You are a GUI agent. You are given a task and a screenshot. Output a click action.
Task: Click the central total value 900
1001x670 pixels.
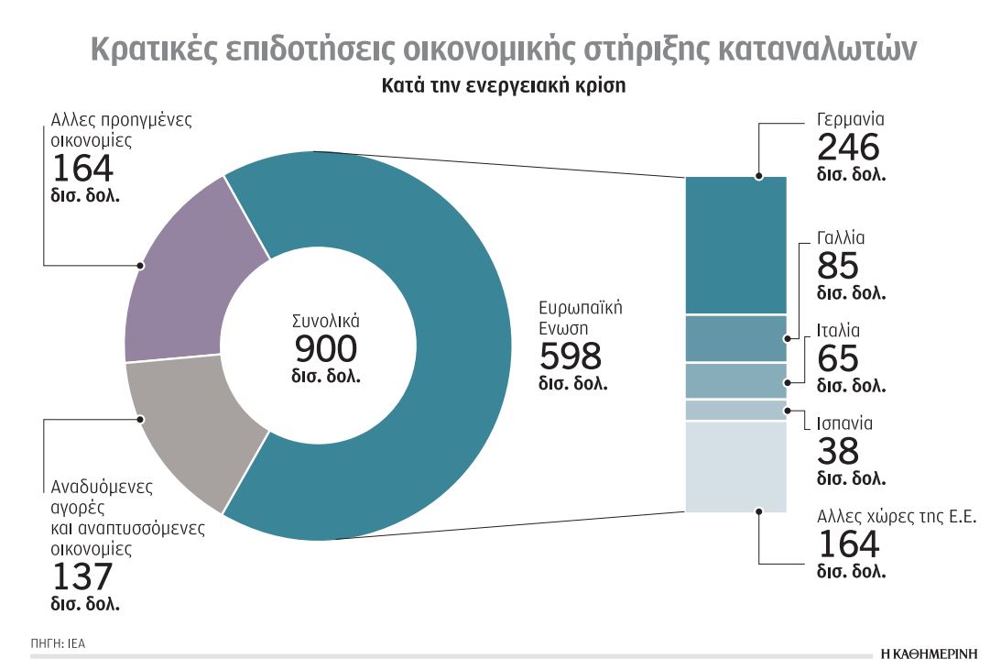325,349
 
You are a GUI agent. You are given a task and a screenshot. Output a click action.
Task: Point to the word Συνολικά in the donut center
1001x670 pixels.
325,322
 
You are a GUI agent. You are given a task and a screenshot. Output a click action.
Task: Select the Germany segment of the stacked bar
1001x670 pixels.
735,245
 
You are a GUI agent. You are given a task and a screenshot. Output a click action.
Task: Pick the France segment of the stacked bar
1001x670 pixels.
735,338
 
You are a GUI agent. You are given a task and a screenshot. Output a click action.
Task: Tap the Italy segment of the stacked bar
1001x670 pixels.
735,380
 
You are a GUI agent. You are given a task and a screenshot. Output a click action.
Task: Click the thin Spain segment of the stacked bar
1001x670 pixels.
735,410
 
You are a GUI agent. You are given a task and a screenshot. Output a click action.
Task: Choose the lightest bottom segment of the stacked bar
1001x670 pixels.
735,466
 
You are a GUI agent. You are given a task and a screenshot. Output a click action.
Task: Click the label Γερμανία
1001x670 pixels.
850,120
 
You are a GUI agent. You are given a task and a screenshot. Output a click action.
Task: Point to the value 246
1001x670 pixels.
847,148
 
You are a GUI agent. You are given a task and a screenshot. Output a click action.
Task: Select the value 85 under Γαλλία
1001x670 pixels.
837,267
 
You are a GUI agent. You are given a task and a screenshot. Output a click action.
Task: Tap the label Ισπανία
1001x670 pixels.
844,424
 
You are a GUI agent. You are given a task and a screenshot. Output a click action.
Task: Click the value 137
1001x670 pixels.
82,577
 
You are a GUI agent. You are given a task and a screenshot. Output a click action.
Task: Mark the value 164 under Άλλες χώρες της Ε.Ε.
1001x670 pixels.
847,544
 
